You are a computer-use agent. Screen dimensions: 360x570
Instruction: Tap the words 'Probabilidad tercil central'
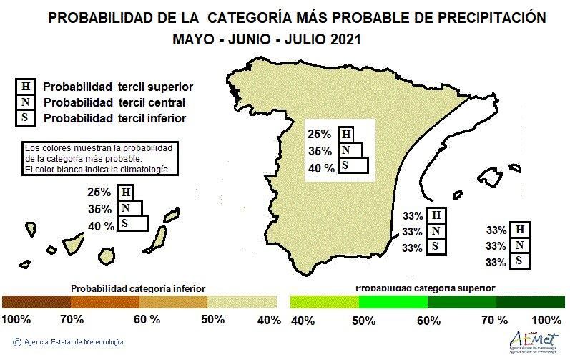point(114,102)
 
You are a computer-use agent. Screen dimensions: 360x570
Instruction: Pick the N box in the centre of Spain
point(350,150)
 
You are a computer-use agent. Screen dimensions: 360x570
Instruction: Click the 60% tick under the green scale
point(428,320)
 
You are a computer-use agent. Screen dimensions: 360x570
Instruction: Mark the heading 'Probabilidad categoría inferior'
point(138,288)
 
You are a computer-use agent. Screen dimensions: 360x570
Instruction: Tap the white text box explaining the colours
point(100,158)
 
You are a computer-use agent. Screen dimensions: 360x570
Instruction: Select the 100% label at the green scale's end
point(546,320)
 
